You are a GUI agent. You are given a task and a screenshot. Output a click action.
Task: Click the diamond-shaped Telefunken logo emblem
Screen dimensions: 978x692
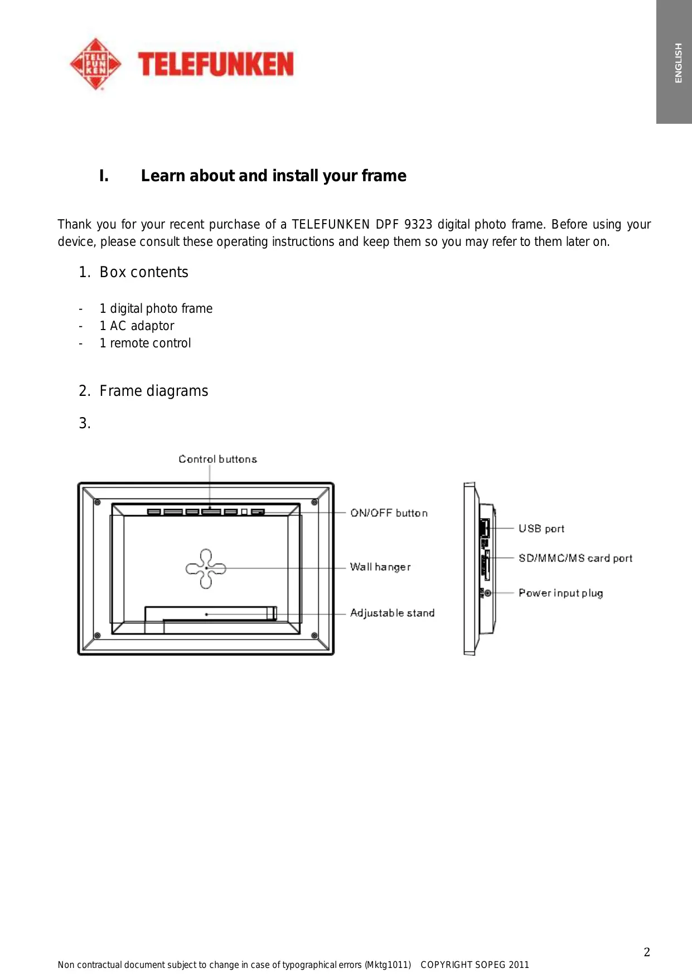[x=96, y=64]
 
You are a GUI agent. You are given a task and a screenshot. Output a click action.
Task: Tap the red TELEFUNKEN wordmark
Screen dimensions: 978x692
[x=215, y=64]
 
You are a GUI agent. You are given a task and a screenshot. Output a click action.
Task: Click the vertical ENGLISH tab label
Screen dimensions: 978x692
[x=678, y=63]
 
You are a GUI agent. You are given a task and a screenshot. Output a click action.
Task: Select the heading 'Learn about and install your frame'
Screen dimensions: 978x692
[x=273, y=176]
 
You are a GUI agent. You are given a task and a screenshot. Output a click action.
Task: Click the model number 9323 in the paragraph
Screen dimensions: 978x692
[x=418, y=224]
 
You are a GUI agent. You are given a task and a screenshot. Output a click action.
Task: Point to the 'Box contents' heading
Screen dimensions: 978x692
[x=144, y=272]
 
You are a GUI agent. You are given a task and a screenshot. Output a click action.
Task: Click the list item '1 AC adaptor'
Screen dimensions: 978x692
[x=137, y=326]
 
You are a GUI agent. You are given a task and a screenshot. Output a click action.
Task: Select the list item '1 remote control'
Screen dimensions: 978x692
[x=145, y=343]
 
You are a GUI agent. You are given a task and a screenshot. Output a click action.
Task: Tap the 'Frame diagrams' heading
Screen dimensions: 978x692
[x=154, y=391]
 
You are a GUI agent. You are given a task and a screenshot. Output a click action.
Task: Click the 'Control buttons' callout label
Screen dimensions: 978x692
[x=217, y=459]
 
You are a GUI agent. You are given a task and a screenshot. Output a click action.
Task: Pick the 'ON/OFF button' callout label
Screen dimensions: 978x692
[x=389, y=513]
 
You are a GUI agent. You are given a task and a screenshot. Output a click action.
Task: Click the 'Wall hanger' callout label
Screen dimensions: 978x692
[x=380, y=567]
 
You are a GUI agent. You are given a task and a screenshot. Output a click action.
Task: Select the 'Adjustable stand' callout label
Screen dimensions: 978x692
[x=392, y=613]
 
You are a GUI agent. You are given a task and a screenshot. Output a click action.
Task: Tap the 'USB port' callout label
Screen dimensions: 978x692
[x=541, y=529]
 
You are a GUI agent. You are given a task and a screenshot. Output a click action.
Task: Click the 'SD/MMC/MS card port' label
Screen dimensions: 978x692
[x=575, y=558]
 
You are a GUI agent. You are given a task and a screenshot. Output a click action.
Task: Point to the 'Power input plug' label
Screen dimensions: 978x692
[x=560, y=593]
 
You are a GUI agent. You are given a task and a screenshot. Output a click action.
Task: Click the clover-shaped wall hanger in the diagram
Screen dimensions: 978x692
[x=206, y=568]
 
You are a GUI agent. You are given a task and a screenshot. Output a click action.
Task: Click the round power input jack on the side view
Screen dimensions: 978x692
[x=488, y=593]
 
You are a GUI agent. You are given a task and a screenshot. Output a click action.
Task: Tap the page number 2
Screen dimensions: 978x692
[x=647, y=952]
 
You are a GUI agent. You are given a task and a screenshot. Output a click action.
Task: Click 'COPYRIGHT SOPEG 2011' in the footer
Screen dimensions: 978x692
[x=475, y=965]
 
